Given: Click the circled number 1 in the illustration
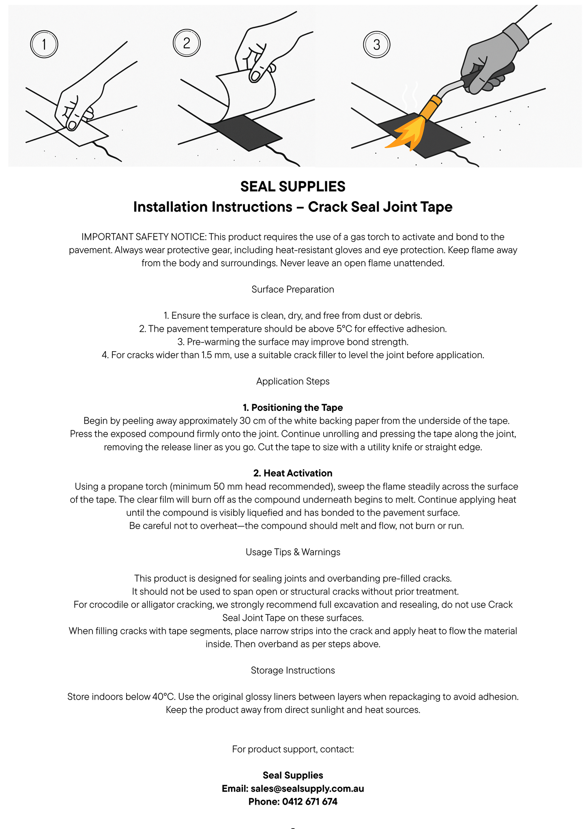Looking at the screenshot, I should [44, 44].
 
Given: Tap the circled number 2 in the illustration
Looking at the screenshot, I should [187, 43].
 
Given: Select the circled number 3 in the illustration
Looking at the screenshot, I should [377, 44].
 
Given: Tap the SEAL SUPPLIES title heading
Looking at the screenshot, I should [293, 187].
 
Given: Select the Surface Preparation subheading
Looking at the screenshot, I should [293, 289].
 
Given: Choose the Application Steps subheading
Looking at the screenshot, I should [293, 381].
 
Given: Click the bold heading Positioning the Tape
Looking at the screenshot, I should [297, 408].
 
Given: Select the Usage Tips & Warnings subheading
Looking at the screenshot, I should [293, 552].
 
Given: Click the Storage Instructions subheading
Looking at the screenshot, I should [293, 670].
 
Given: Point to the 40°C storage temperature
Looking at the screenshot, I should [163, 697].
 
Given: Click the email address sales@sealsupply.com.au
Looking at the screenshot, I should [307, 788].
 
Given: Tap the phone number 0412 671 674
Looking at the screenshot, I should [309, 801].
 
